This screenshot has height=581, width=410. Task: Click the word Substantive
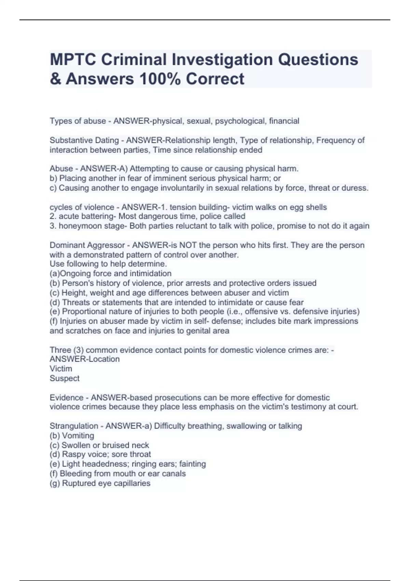(70, 140)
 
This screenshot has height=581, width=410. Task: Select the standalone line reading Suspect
(65, 378)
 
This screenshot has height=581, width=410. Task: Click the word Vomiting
(78, 436)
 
